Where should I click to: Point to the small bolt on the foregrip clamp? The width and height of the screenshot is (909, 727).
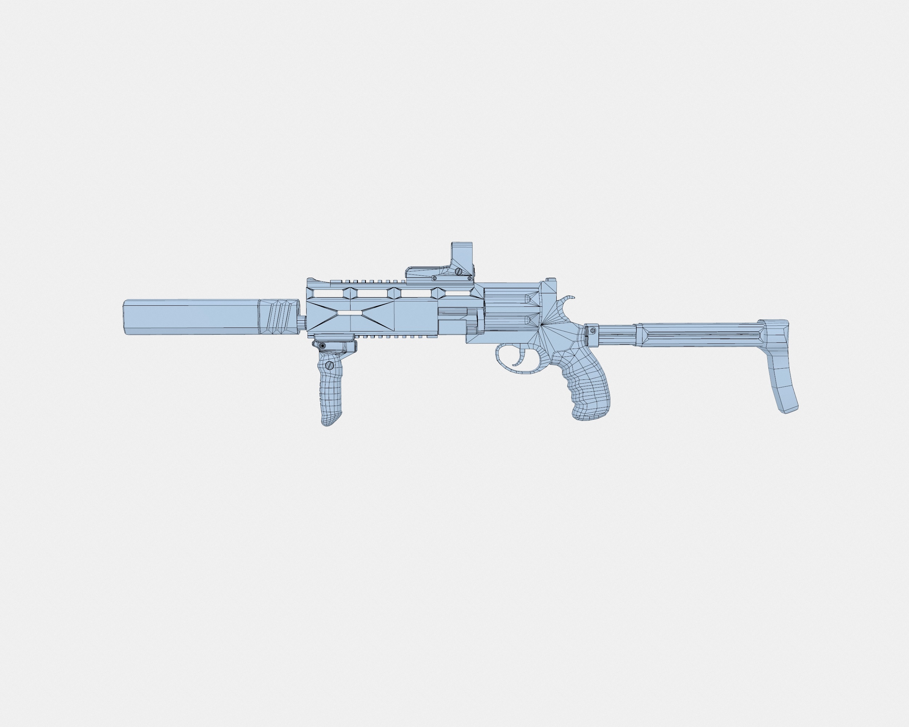(x=323, y=346)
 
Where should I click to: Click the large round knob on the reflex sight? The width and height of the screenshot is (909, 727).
(x=458, y=272)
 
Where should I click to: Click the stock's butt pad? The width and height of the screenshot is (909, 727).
(x=783, y=367)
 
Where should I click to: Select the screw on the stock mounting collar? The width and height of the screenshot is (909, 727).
(x=592, y=331)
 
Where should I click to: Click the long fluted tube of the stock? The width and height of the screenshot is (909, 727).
(x=700, y=335)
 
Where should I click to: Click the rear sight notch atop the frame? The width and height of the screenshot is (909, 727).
(x=550, y=280)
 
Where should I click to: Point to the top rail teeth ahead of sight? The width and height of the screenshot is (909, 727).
(x=367, y=281)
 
